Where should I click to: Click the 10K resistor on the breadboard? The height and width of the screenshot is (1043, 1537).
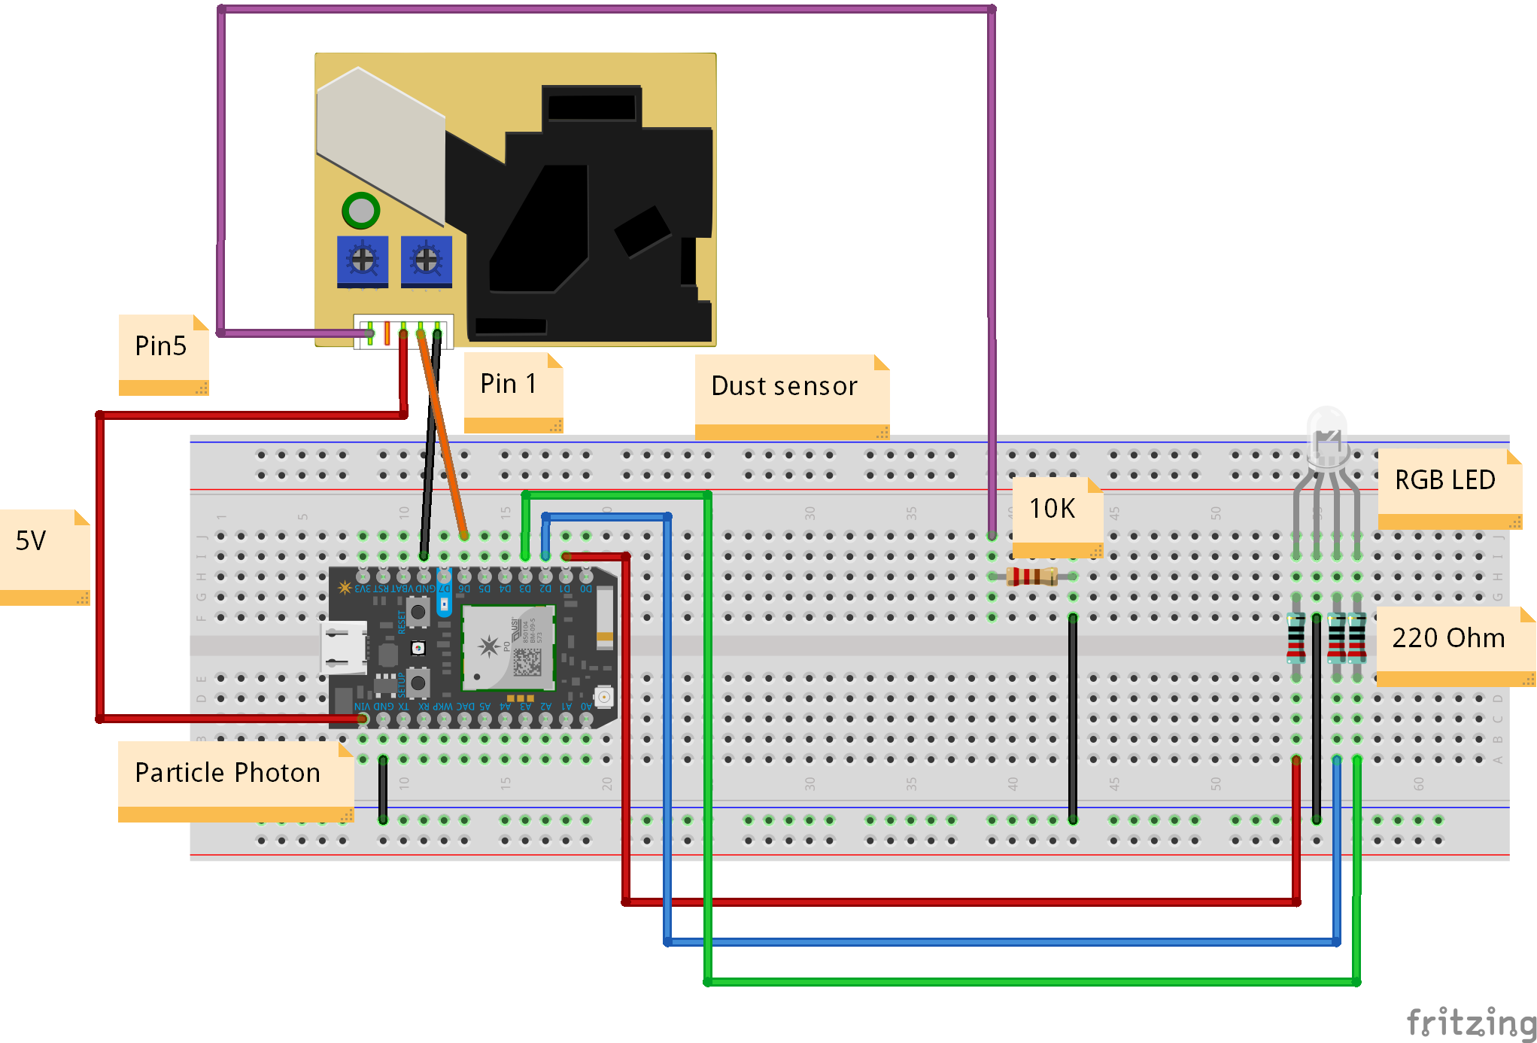point(1032,577)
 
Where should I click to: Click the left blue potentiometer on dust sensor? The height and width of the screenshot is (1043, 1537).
point(363,260)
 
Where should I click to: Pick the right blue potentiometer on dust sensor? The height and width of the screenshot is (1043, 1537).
point(427,260)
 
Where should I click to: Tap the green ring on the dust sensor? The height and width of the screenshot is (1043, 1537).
point(360,211)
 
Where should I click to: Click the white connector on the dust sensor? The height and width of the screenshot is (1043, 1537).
point(403,332)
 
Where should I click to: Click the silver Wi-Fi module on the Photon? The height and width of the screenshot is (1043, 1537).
point(508,646)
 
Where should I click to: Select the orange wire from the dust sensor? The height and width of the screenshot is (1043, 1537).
point(444,436)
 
